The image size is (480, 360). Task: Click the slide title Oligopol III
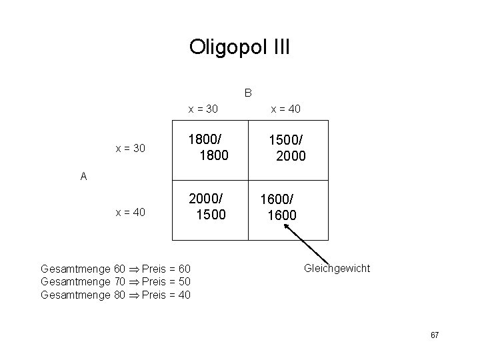pyautogui.click(x=239, y=47)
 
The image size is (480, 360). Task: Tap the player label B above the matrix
pyautogui.click(x=247, y=92)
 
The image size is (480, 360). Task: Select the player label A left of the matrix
pyautogui.click(x=83, y=177)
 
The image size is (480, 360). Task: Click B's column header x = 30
pyautogui.click(x=203, y=109)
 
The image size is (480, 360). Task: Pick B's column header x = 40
pyautogui.click(x=285, y=109)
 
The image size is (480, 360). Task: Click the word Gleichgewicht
pyautogui.click(x=337, y=269)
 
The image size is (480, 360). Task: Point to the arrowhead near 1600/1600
pyautogui.click(x=286, y=226)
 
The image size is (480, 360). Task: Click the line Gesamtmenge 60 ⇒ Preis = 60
pyautogui.click(x=115, y=269)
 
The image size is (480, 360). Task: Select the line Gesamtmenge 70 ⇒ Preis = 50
pyautogui.click(x=115, y=282)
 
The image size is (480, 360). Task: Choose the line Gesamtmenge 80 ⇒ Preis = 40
pyautogui.click(x=115, y=295)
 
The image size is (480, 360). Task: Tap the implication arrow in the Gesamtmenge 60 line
pyautogui.click(x=134, y=269)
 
